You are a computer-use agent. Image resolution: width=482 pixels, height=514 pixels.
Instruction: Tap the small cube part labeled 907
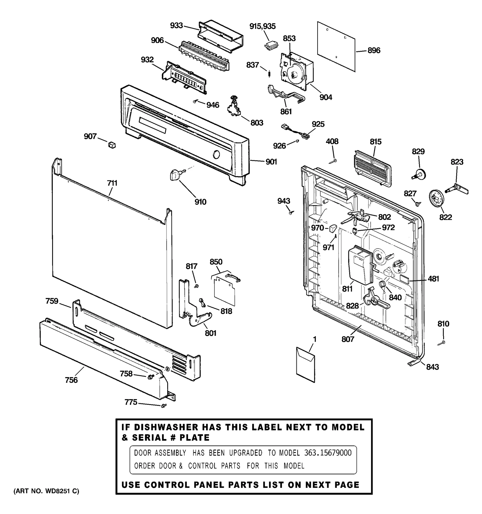[112, 145]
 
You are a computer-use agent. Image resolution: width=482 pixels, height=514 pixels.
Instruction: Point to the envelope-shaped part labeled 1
[305, 365]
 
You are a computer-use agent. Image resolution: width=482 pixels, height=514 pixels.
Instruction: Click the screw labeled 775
[164, 406]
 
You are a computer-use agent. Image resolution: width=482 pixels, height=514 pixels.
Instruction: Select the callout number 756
[71, 380]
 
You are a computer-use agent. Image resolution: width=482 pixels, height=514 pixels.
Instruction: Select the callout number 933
[176, 26]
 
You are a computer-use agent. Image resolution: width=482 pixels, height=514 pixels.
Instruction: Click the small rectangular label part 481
[405, 279]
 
